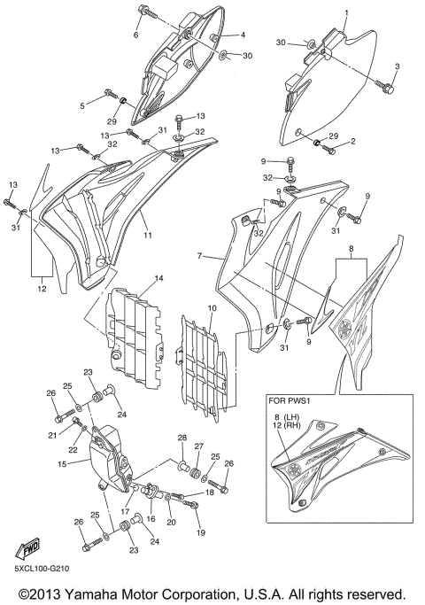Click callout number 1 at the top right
pyautogui.click(x=346, y=12)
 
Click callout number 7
pyautogui.click(x=201, y=255)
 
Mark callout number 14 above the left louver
pyautogui.click(x=158, y=279)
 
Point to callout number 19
pyautogui.click(x=201, y=533)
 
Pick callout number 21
pyautogui.click(x=52, y=435)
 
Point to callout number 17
pyautogui.click(x=127, y=511)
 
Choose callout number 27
pyautogui.click(x=199, y=446)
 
